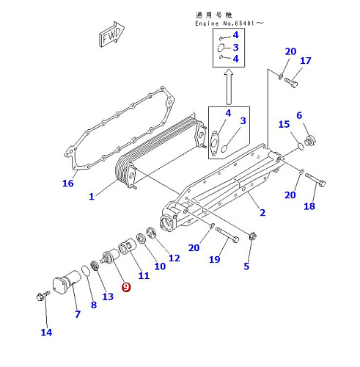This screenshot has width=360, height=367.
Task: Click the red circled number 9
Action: [x=126, y=287]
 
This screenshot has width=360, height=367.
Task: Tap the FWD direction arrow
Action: [x=111, y=34]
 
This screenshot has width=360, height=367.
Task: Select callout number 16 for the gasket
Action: [x=68, y=183]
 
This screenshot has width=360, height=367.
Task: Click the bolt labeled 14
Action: [x=43, y=295]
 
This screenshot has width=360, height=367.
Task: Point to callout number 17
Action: [x=306, y=60]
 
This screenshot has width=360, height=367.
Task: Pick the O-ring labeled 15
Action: [x=301, y=146]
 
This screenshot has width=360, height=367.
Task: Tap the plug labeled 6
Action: [x=309, y=141]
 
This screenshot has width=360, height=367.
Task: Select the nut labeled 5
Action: [x=252, y=236]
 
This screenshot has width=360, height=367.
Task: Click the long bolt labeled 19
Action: [x=227, y=235]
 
